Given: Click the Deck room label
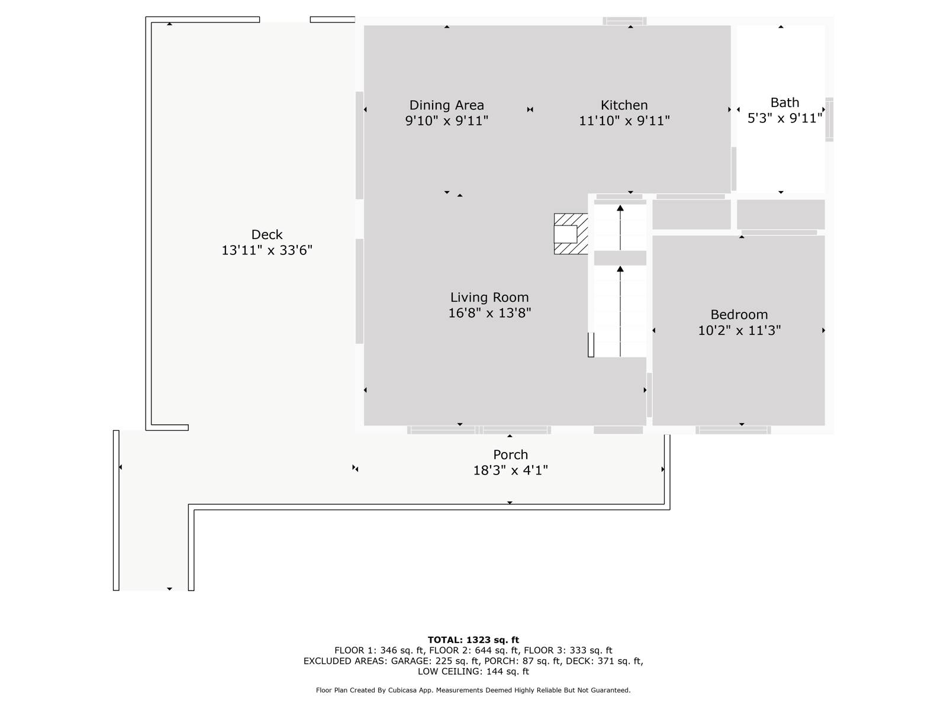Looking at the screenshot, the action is [x=266, y=234].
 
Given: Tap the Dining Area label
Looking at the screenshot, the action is [x=446, y=105].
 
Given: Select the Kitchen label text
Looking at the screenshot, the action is [x=624, y=105].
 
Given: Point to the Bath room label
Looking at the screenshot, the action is [x=784, y=102].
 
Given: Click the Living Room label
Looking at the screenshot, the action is [x=489, y=298].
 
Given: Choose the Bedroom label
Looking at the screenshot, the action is [x=739, y=315].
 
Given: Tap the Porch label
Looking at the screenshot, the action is [x=510, y=455].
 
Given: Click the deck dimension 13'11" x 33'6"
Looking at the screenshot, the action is [x=266, y=250].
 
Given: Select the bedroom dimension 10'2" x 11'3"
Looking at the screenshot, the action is [x=739, y=330].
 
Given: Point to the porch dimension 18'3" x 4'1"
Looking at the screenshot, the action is [x=510, y=470].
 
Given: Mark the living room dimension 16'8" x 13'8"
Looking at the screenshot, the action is [x=489, y=313].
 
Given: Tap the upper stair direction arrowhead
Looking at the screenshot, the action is [x=620, y=208].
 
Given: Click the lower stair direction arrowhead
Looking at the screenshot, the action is [x=620, y=269].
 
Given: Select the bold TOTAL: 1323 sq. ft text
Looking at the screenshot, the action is [x=474, y=640].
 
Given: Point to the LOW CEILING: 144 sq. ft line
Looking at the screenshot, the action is [x=474, y=671].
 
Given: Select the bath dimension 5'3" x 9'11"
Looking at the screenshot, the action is [x=784, y=118].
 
